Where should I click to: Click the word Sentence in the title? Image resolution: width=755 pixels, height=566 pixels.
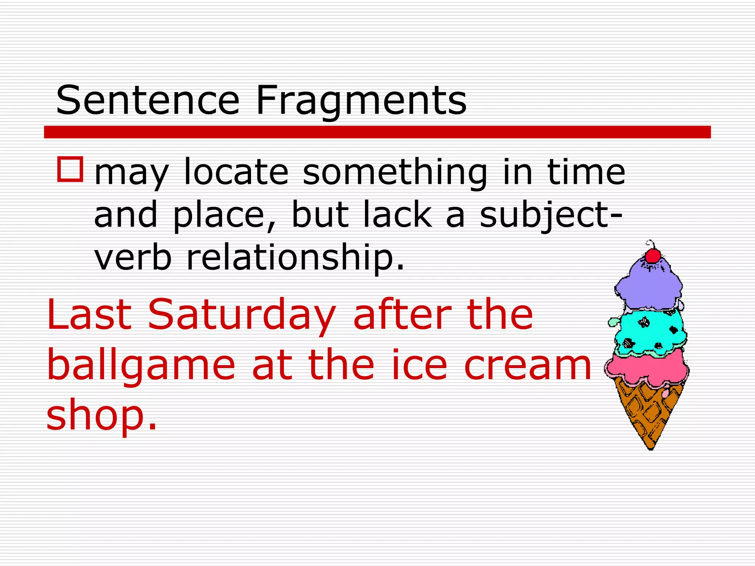tap(147, 100)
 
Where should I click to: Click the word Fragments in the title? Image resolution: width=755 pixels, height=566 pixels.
tap(361, 100)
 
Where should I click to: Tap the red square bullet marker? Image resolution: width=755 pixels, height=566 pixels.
tap(70, 169)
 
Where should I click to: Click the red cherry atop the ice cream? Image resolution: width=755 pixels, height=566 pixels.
tap(653, 255)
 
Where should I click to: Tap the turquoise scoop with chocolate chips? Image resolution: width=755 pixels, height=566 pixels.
tap(651, 332)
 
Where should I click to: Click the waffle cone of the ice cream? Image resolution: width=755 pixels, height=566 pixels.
tap(649, 413)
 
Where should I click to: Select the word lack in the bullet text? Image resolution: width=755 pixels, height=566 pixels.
tap(397, 214)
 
